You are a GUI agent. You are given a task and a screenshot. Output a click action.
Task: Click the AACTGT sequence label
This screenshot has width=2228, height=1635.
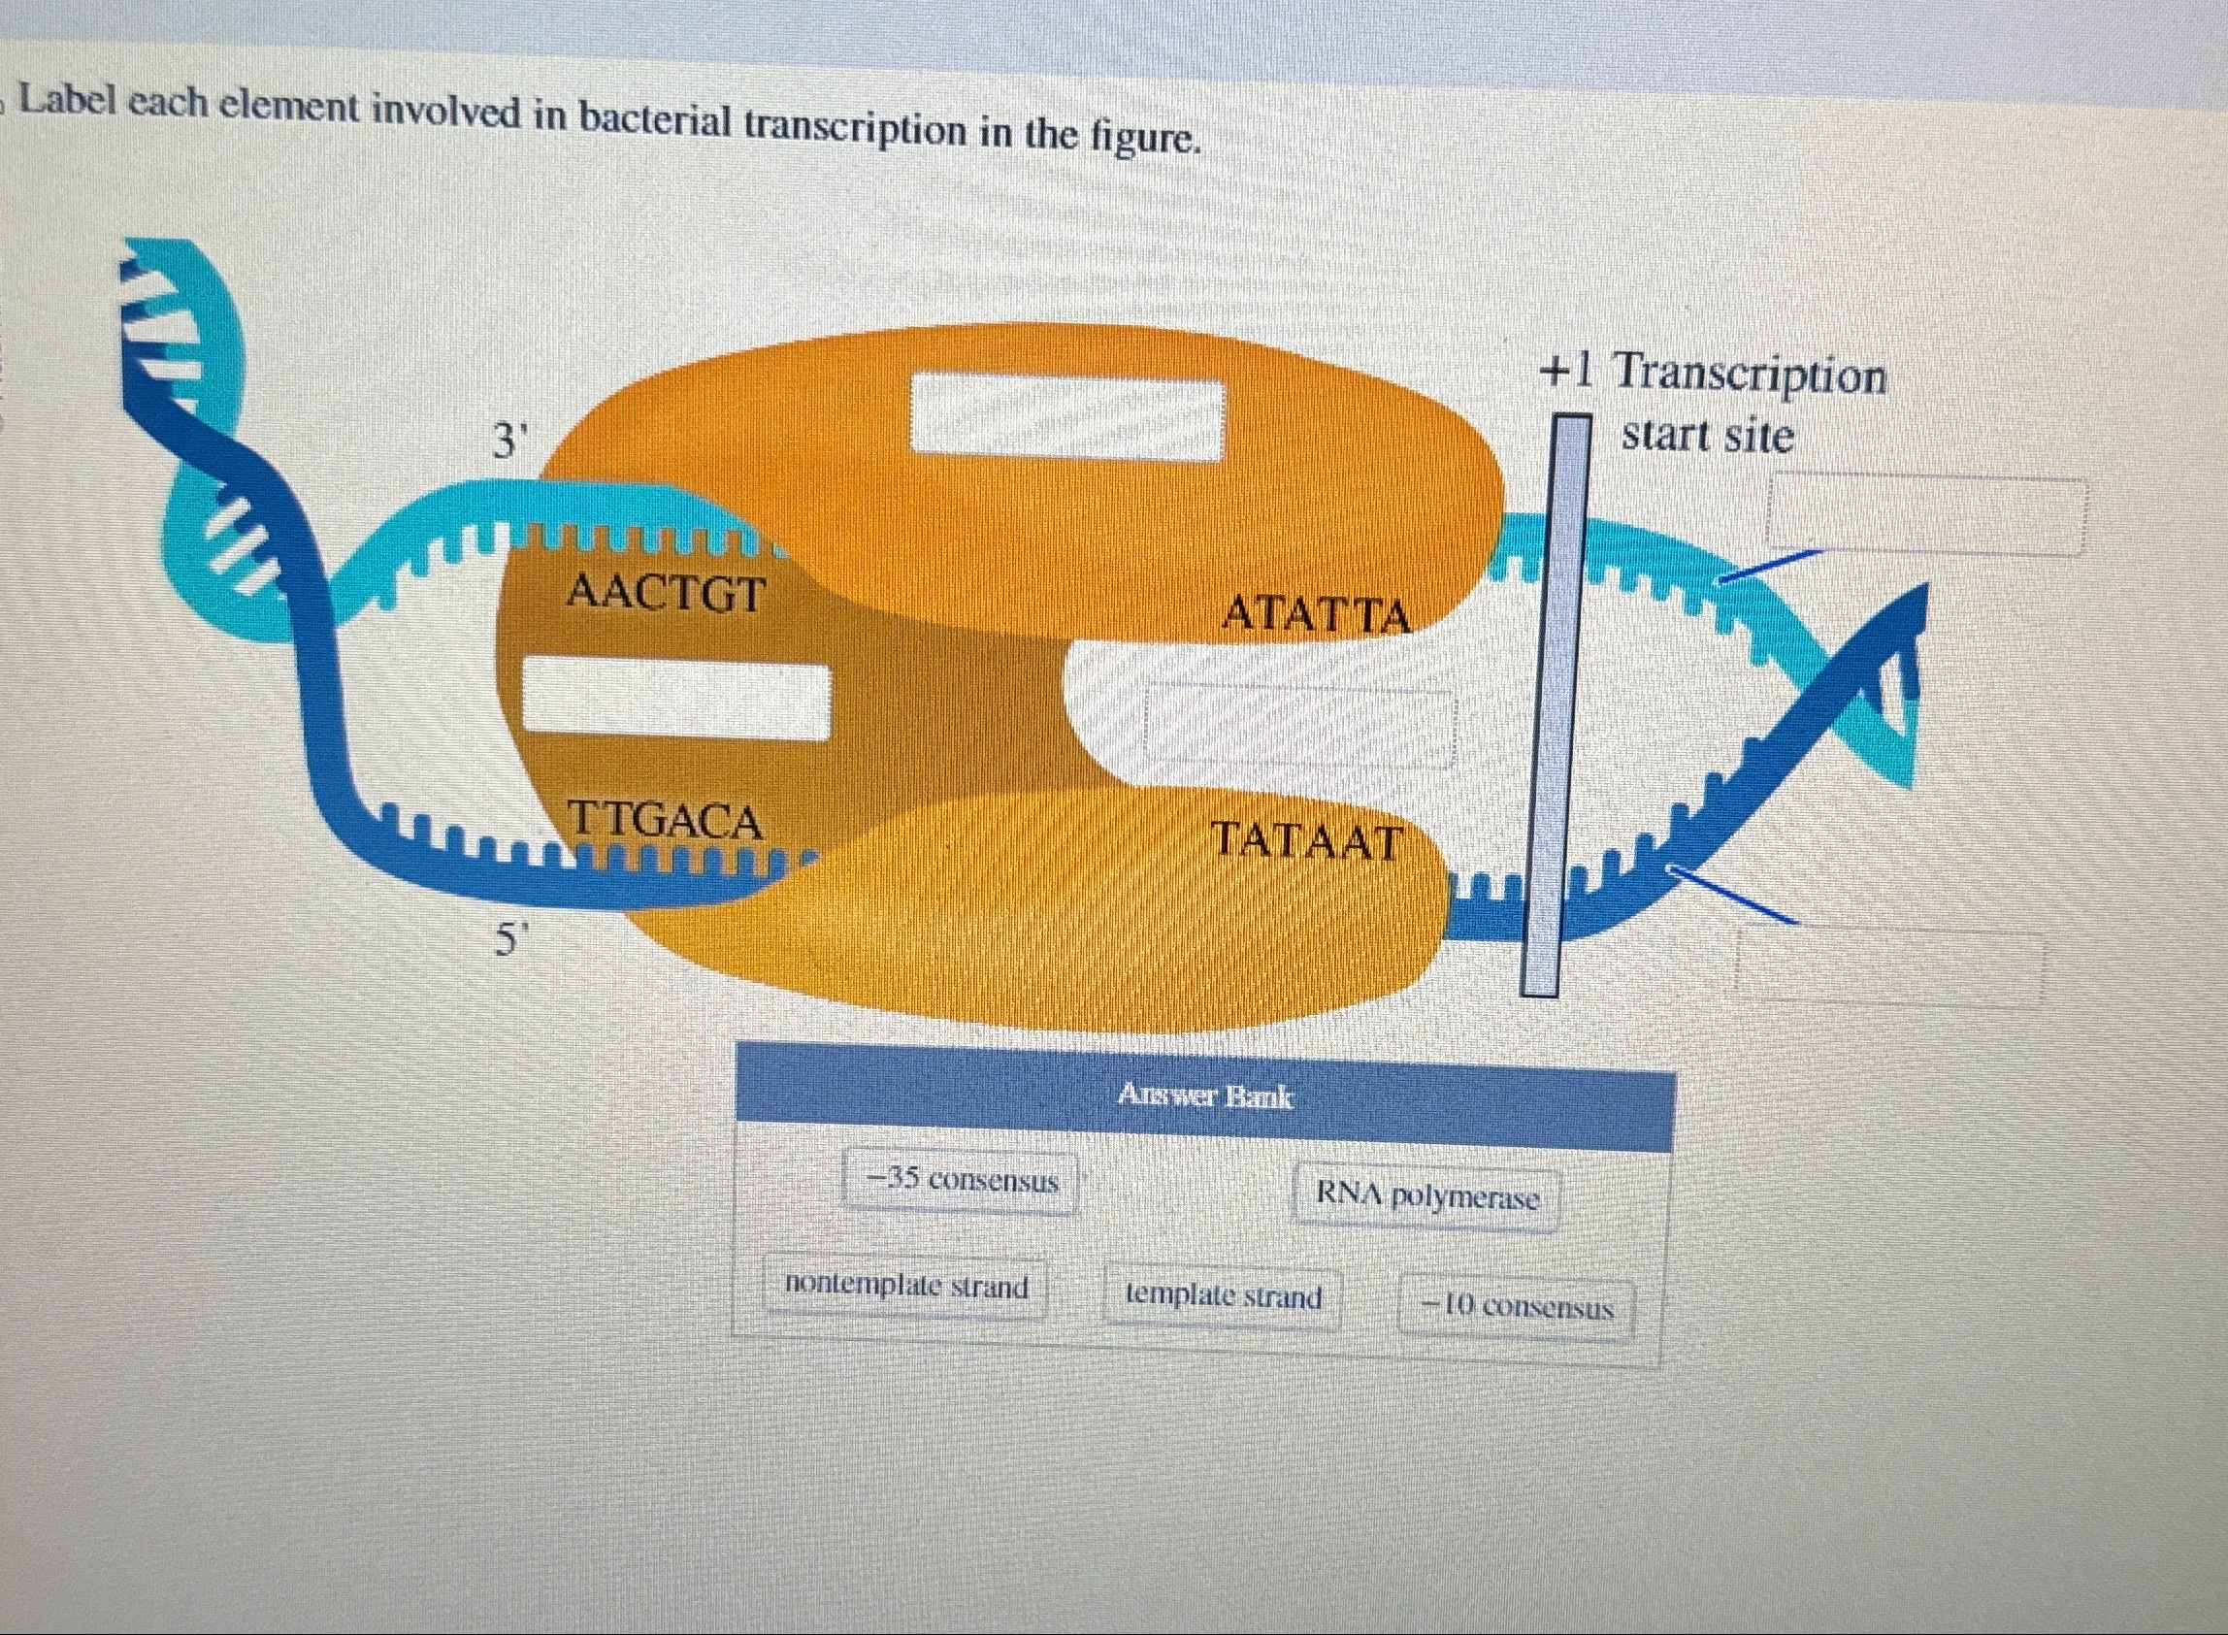pyautogui.click(x=666, y=594)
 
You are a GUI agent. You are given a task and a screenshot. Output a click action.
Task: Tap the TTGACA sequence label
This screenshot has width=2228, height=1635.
pyautogui.click(x=665, y=822)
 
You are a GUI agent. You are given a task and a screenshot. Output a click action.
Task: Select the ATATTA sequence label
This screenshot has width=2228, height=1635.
pyautogui.click(x=1317, y=614)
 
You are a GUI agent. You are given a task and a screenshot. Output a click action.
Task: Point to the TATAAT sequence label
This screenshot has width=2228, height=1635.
pyautogui.click(x=1307, y=843)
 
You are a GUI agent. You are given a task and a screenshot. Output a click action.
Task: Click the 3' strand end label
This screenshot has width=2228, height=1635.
pyautogui.click(x=509, y=441)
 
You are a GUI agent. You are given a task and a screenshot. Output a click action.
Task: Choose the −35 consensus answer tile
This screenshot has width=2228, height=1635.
pyautogui.click(x=961, y=1181)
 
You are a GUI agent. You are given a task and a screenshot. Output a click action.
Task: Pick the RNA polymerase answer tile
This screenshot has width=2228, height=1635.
pyautogui.click(x=1427, y=1197)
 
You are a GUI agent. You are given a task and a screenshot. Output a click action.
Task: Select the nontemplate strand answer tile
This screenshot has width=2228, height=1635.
pyautogui.click(x=905, y=1287)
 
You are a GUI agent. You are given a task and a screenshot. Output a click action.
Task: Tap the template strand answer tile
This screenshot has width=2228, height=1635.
pyautogui.click(x=1224, y=1296)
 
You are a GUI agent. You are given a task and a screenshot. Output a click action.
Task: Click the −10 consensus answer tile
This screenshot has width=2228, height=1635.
pyautogui.click(x=1517, y=1308)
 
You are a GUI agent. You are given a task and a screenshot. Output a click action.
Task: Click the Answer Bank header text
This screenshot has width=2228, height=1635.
pyautogui.click(x=1204, y=1096)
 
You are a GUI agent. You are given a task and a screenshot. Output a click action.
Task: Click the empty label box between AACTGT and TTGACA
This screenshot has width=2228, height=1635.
pyautogui.click(x=676, y=699)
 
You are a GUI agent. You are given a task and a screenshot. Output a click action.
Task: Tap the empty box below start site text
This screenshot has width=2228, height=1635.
pyautogui.click(x=1926, y=514)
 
